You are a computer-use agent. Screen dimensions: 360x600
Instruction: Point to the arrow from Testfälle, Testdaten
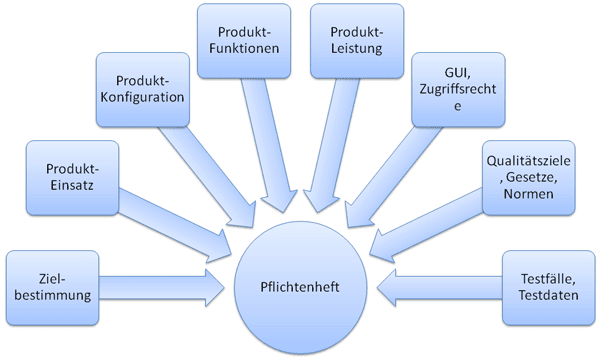(440, 287)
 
